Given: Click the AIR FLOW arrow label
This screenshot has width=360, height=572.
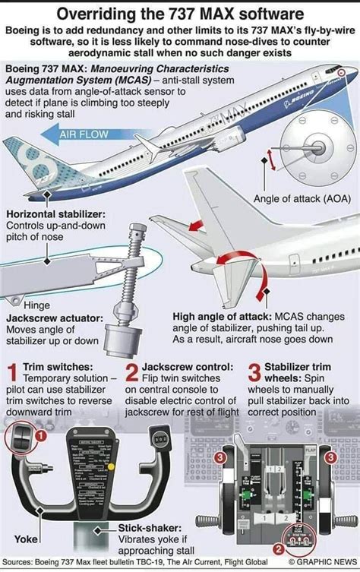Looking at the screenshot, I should tap(84, 137).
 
